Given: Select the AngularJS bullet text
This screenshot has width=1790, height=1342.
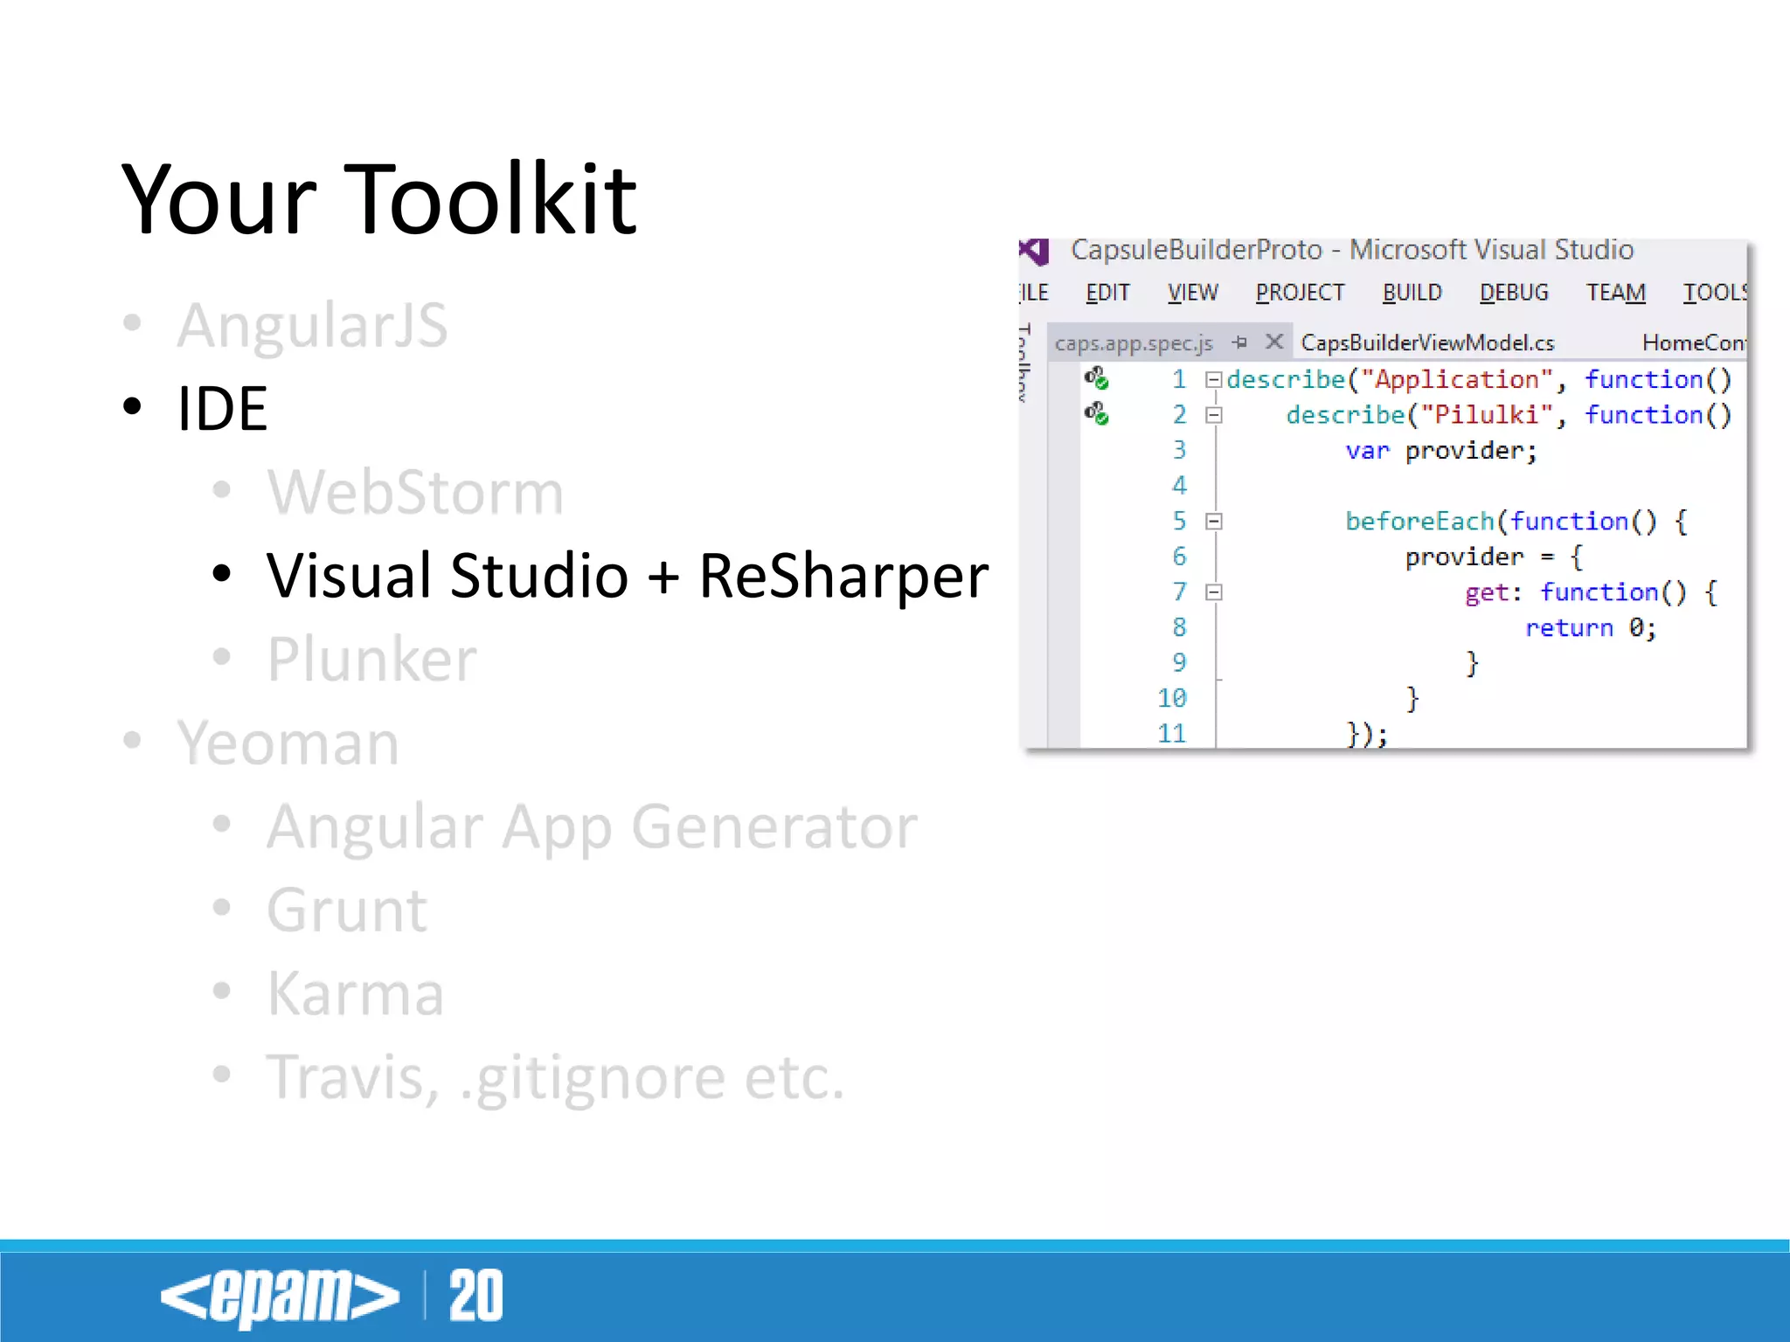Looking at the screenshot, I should tap(312, 325).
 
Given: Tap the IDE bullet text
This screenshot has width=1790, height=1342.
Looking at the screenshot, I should tap(222, 409).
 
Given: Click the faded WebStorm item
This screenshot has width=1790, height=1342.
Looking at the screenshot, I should tap(415, 492).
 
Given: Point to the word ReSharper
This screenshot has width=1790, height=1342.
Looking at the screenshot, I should tap(843, 576).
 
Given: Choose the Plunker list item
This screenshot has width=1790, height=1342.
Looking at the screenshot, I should tap(371, 659).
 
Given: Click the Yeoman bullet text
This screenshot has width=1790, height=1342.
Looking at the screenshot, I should tap(288, 743).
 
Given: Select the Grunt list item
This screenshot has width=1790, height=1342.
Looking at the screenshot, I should tap(347, 910).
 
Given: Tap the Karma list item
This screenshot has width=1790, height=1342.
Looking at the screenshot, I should tap(356, 993).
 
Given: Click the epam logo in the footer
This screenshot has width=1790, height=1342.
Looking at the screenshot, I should tap(279, 1297).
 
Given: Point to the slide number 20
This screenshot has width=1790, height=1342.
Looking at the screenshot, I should tap(475, 1297).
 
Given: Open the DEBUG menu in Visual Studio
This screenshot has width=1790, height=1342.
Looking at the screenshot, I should tap(1514, 293).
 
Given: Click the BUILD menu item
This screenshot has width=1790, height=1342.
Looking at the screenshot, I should tap(1412, 293).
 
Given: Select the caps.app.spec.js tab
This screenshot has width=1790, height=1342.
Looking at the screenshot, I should tap(1134, 343).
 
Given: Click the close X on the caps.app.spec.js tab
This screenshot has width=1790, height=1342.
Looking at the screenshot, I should tap(1274, 342).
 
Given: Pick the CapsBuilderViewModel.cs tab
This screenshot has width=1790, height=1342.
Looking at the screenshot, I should tap(1427, 343).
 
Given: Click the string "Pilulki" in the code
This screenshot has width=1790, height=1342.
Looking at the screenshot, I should tap(1487, 415).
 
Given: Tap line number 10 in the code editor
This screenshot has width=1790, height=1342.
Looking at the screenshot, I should tap(1172, 698).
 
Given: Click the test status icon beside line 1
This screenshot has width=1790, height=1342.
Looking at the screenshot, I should tap(1096, 378).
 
